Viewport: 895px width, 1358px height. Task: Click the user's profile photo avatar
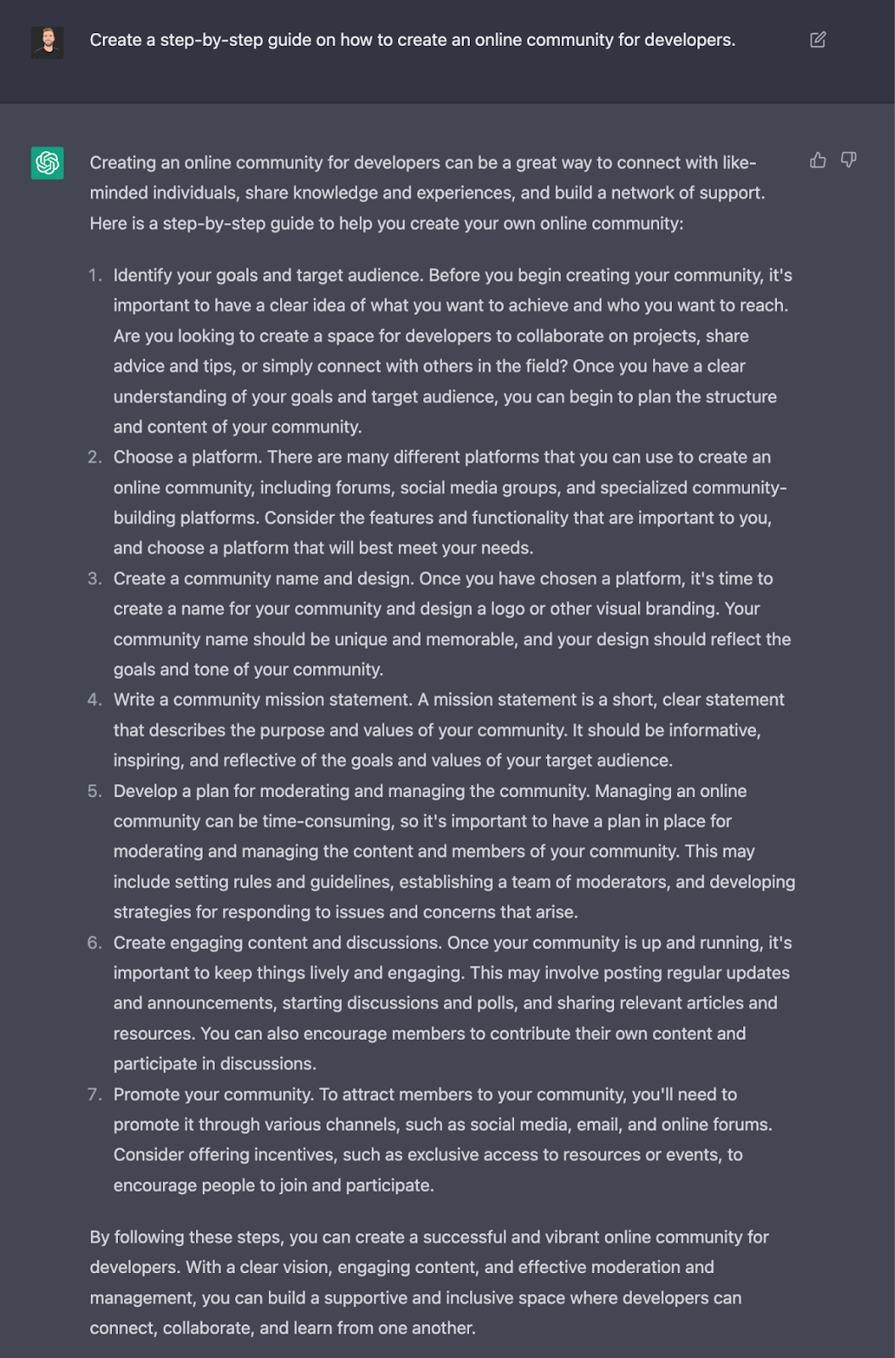pos(48,42)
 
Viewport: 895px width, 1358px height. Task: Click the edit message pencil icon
pos(818,40)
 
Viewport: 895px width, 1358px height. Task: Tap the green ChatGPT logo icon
pos(48,163)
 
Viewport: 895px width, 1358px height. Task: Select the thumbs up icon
pos(818,160)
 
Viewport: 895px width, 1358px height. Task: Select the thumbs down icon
pos(848,160)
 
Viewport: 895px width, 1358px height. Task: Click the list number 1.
pos(94,276)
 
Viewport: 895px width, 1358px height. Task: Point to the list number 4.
pos(94,700)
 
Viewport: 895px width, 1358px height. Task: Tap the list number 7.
pos(94,1095)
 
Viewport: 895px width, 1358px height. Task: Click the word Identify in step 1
pos(139,276)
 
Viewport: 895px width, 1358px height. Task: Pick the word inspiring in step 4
pos(147,761)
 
